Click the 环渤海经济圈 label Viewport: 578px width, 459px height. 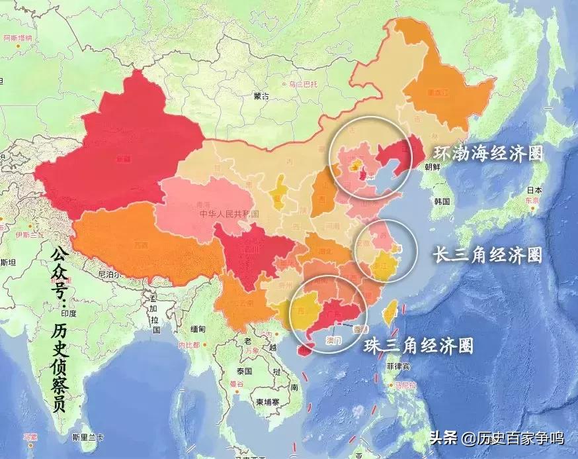[488, 154]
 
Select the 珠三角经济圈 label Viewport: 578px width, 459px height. [419, 345]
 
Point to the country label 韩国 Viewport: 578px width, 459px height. [442, 201]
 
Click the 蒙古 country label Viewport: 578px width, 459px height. [261, 96]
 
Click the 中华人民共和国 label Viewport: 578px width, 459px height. [229, 214]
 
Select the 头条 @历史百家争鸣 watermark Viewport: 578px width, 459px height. [497, 438]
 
